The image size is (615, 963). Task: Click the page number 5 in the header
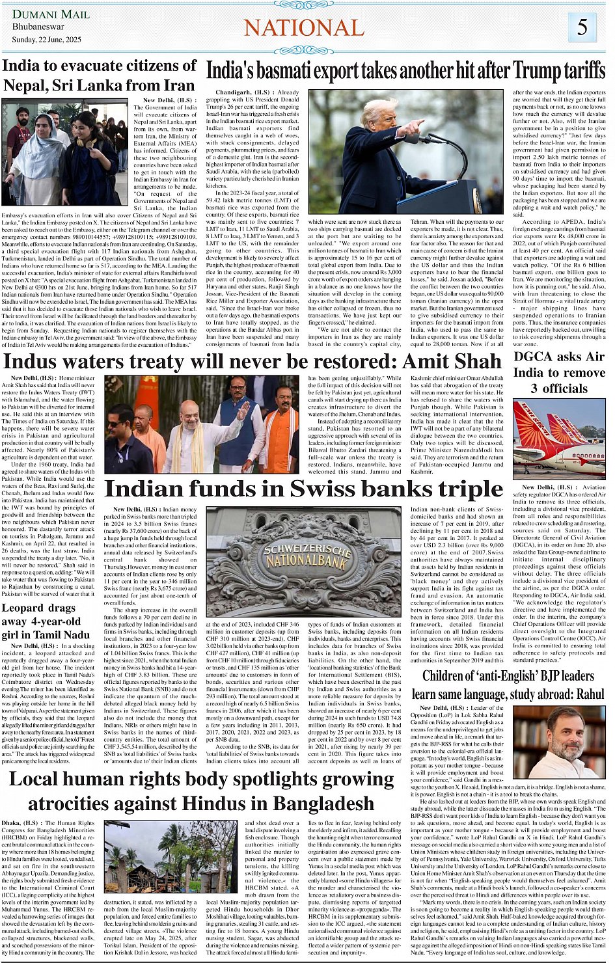pos(582,27)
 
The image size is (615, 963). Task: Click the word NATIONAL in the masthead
pos(304,28)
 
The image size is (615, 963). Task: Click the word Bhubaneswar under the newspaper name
pos(38,27)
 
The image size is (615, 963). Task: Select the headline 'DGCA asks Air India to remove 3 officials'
pos(559,373)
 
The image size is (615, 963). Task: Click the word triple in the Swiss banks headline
pos(469,489)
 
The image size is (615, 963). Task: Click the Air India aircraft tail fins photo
pos(559,439)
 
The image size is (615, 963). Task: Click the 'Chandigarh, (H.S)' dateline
pos(230,92)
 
